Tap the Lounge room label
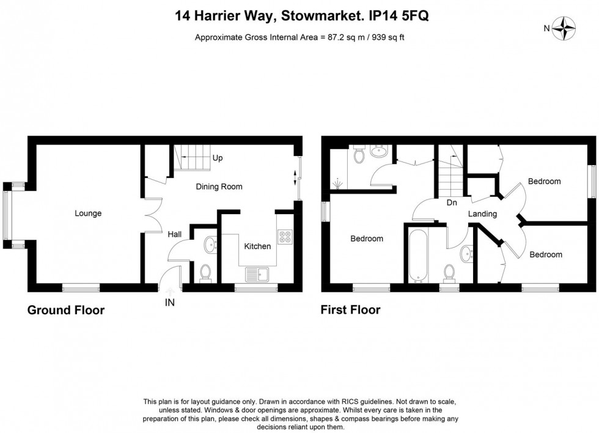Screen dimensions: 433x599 [88, 213]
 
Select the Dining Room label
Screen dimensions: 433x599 [219, 187]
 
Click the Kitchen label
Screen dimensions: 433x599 [257, 246]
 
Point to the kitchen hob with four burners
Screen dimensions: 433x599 [285, 237]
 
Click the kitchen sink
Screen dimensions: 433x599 [255, 273]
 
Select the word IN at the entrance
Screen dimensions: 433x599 [169, 302]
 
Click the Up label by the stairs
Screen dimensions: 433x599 [217, 158]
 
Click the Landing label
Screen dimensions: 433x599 [482, 214]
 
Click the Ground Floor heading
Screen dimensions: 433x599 [66, 310]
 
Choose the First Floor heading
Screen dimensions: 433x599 [351, 310]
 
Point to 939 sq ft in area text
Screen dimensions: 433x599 [385, 37]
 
